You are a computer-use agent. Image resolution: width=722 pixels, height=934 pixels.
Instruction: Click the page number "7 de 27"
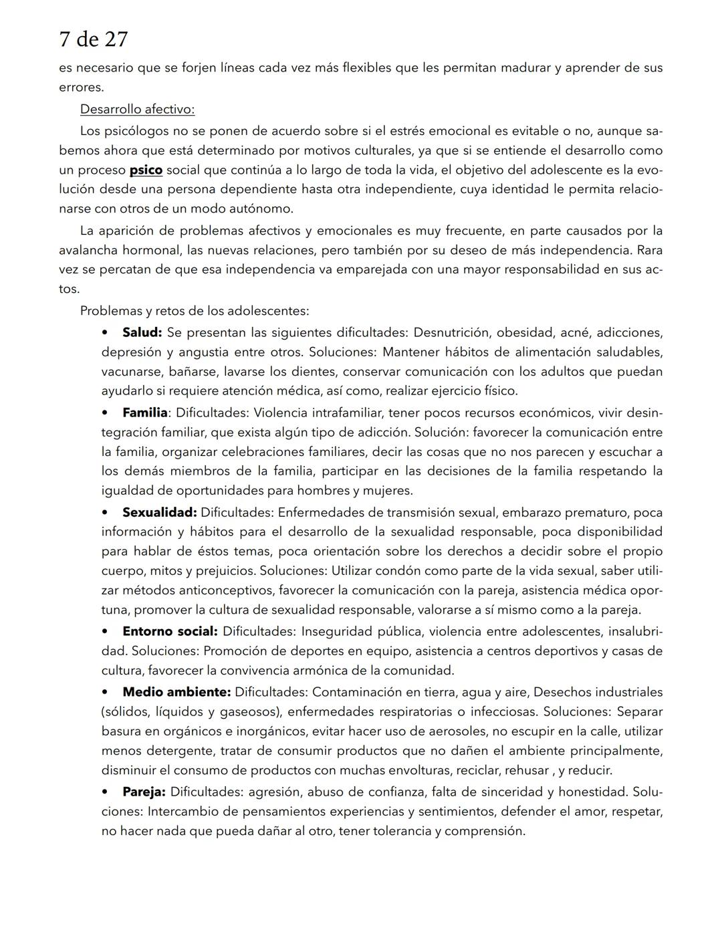[93, 39]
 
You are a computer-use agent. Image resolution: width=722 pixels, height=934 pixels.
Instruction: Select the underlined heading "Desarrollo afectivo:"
[137, 109]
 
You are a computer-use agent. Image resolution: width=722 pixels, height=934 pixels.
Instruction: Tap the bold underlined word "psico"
[146, 170]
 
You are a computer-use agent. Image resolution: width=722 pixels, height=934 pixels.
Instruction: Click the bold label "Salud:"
[142, 332]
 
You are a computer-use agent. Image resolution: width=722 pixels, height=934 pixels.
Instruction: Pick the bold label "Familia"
[144, 413]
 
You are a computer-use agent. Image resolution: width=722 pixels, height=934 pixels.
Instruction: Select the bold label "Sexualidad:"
[159, 512]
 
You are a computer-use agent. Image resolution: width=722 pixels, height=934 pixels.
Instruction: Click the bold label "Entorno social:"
[170, 631]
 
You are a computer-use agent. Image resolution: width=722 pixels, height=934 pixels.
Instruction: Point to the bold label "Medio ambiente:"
[176, 692]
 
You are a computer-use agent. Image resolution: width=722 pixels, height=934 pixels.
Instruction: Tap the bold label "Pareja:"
[144, 792]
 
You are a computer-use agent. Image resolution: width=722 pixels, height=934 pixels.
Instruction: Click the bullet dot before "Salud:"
[105, 332]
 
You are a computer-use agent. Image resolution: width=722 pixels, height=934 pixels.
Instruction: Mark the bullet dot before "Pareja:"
[105, 792]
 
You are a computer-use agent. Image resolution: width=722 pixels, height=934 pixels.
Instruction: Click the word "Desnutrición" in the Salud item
[451, 332]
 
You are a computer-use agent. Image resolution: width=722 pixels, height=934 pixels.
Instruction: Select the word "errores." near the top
[81, 87]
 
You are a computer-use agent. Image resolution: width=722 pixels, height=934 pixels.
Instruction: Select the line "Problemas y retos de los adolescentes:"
[195, 311]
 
